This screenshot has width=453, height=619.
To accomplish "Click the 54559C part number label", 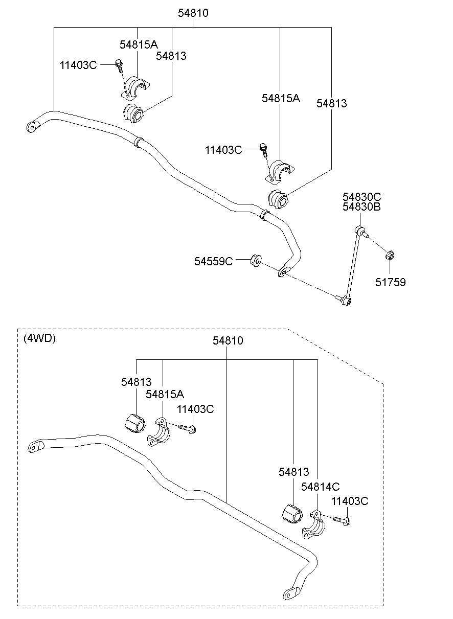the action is pyautogui.click(x=213, y=261).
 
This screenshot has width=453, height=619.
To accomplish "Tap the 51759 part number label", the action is pyautogui.click(x=390, y=282).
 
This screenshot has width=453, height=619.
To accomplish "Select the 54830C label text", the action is pyautogui.click(x=361, y=197).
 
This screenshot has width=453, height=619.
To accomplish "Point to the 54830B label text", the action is pyautogui.click(x=361, y=207).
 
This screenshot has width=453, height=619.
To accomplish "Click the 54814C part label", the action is pyautogui.click(x=321, y=487).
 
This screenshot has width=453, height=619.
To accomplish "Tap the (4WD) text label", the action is pyautogui.click(x=39, y=338).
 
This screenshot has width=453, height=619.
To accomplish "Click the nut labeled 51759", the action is pyautogui.click(x=390, y=255).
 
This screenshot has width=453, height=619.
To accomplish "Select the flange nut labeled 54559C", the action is pyautogui.click(x=256, y=261).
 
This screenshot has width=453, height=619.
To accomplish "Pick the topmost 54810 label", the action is pyautogui.click(x=193, y=13).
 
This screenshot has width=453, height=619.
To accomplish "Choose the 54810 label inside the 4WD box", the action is pyautogui.click(x=228, y=341).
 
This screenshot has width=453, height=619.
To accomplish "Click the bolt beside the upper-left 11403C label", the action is pyautogui.click(x=119, y=66).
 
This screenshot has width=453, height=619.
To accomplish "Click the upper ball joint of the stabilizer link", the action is pyautogui.click(x=360, y=231).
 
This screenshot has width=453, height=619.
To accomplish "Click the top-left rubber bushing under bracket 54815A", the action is pyautogui.click(x=133, y=113).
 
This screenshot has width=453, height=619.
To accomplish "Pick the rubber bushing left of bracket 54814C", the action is pyautogui.click(x=292, y=514).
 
